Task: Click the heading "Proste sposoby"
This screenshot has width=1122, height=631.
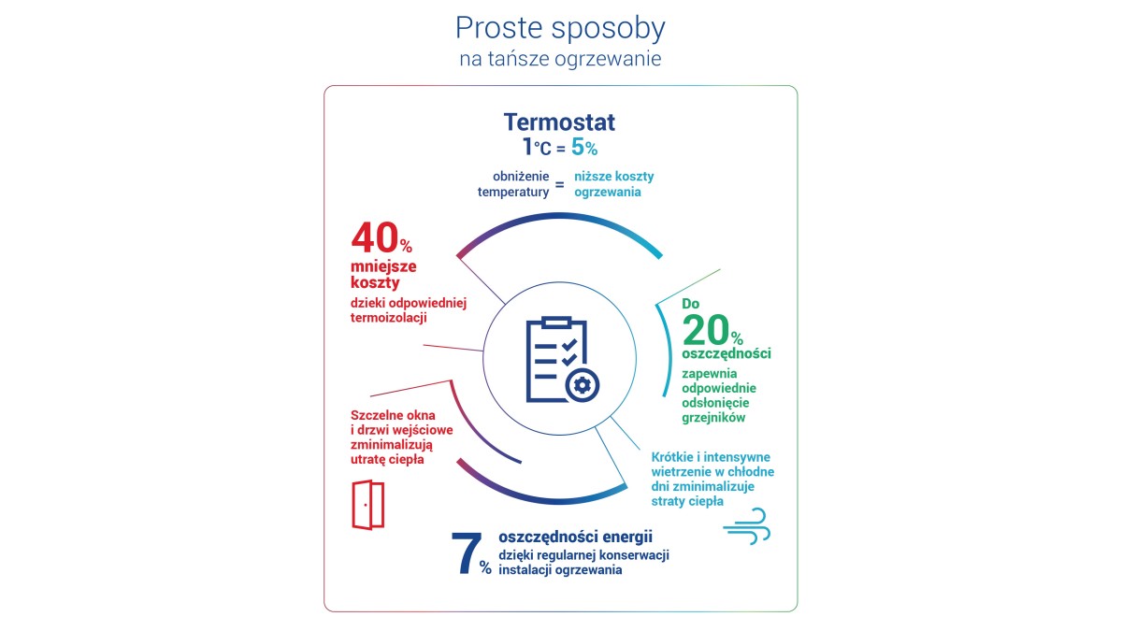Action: [x=560, y=28]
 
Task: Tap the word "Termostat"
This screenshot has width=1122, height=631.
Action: [x=559, y=122]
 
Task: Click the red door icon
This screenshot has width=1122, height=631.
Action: [x=367, y=505]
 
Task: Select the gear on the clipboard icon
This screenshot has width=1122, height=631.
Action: [x=583, y=384]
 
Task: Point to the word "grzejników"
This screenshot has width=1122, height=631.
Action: [x=714, y=418]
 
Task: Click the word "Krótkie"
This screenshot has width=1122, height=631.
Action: [x=675, y=457]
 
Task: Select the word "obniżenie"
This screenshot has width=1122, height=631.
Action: [x=519, y=177]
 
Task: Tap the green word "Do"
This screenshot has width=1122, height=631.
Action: [x=691, y=304]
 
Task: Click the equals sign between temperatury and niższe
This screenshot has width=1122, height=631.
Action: [x=560, y=184]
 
